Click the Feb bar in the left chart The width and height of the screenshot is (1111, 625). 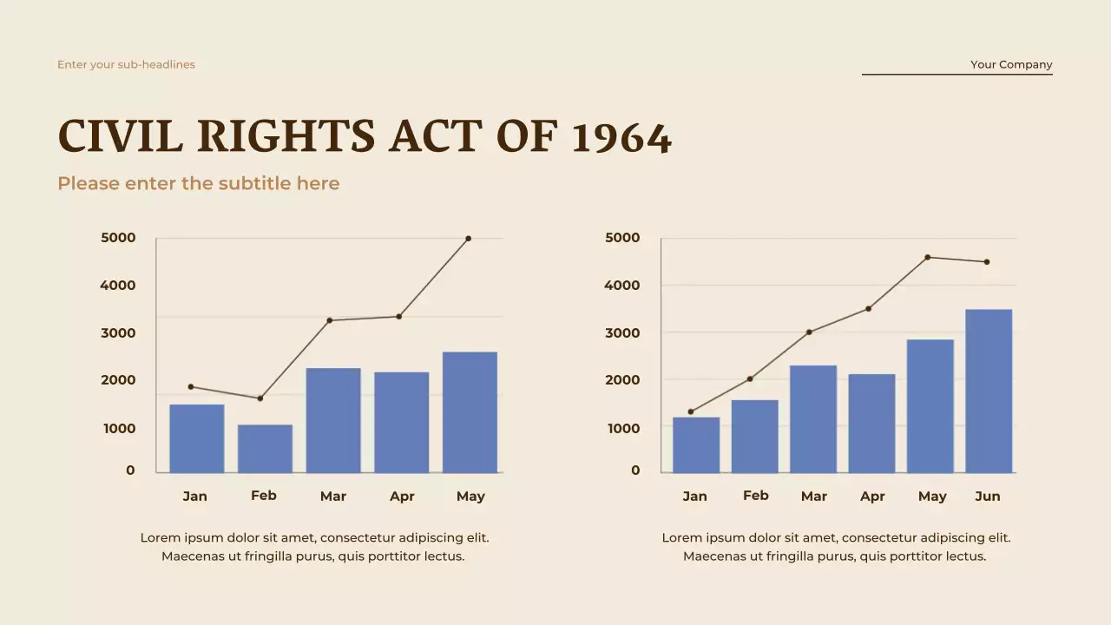(265, 449)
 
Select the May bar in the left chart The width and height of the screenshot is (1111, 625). (470, 412)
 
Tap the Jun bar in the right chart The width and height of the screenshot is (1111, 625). (989, 391)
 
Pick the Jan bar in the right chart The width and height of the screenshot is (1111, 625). (695, 444)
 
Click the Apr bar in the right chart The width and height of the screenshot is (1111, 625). (871, 423)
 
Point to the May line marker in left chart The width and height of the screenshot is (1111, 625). (469, 238)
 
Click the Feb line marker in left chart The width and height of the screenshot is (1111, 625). (260, 398)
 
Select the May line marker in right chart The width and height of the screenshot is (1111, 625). (928, 257)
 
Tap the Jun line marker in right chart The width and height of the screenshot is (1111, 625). (987, 262)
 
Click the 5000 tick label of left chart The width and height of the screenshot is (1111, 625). (118, 238)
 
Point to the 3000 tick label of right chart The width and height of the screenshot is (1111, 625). (622, 332)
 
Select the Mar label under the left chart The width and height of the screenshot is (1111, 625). (332, 497)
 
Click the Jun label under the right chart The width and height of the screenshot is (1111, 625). (988, 497)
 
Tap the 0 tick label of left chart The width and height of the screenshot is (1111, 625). (130, 470)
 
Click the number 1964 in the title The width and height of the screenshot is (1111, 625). (621, 138)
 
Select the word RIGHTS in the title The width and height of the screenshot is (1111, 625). (286, 138)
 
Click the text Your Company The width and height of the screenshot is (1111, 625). (1011, 64)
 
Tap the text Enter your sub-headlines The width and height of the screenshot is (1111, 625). (126, 64)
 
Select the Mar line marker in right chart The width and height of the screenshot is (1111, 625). (809, 332)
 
